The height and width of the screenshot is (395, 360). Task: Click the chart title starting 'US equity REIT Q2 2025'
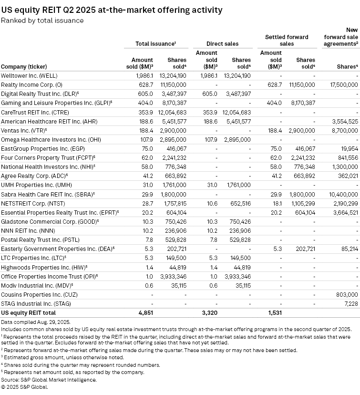pos(112,10)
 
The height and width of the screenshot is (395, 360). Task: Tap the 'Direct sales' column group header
pos(222,43)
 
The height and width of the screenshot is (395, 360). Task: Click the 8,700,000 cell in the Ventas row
pos(344,130)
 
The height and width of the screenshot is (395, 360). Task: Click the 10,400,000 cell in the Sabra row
pos(342,194)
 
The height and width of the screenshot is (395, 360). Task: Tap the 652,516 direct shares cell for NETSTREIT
pos(239,203)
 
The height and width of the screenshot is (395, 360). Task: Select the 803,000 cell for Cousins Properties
pos(346,294)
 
